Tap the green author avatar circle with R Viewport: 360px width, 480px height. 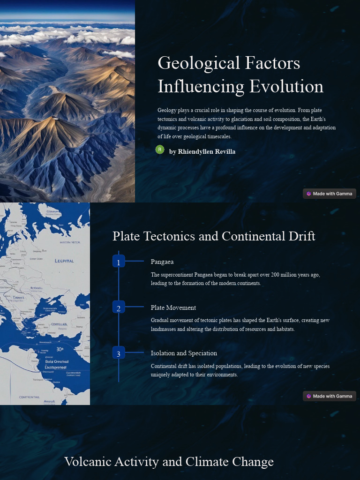[x=160, y=150]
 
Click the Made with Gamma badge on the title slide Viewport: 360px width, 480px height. [x=330, y=194]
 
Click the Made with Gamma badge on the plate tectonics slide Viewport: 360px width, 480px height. [x=330, y=396]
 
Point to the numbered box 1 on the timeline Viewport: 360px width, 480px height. [x=119, y=262]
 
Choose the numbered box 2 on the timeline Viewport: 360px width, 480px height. [x=119, y=307]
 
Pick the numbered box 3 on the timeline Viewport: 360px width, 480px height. [x=119, y=353]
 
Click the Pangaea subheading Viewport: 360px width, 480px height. [x=162, y=262]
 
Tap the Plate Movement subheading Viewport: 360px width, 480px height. [x=173, y=307]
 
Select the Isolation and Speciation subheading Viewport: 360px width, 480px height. [x=184, y=353]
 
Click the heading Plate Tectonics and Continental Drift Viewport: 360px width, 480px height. [x=214, y=236]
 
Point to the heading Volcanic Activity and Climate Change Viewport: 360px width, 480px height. [x=169, y=461]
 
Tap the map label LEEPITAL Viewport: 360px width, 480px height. [x=64, y=261]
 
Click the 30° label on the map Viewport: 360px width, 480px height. [x=60, y=349]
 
